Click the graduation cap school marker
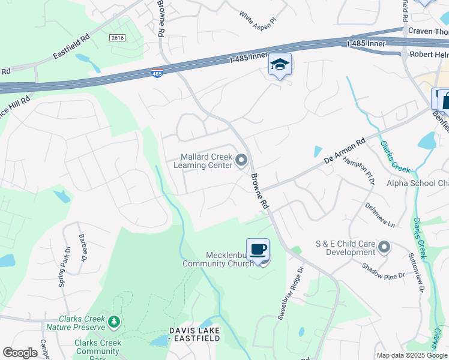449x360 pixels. click(x=280, y=65)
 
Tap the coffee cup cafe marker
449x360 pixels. click(x=258, y=249)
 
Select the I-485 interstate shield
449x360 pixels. click(x=157, y=73)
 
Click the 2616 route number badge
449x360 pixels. click(x=117, y=37)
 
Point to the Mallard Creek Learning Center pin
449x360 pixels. click(x=241, y=160)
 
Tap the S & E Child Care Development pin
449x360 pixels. click(x=385, y=247)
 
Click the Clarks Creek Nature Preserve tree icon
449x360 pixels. click(x=113, y=323)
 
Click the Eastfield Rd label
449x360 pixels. click(x=71, y=45)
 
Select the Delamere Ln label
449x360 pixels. click(x=381, y=215)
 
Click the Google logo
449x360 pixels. click(x=20, y=353)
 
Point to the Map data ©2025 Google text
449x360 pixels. click(x=411, y=355)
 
